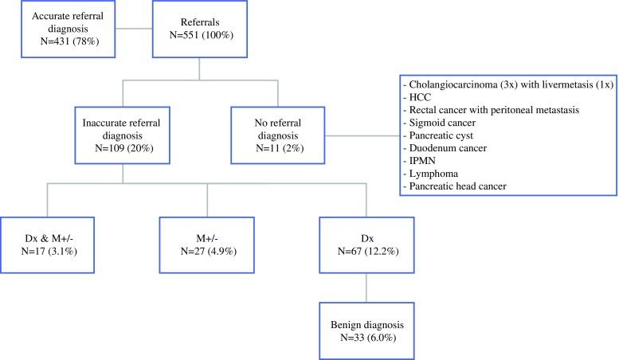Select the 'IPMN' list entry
[x=429, y=162]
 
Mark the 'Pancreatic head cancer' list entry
[x=468, y=187]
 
